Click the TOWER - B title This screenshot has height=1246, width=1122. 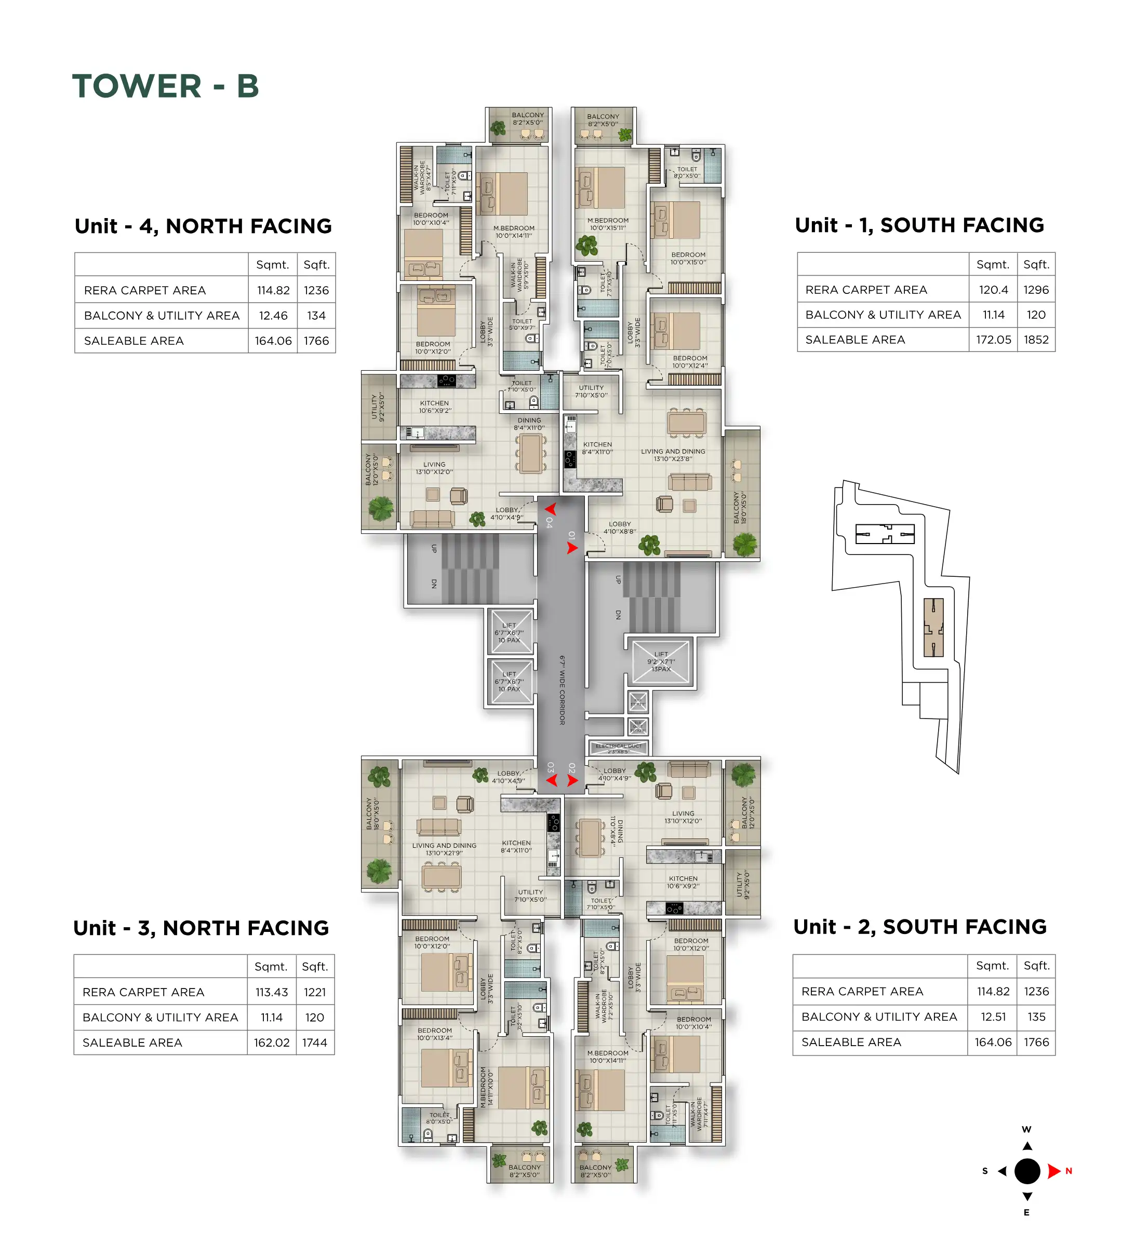click(165, 86)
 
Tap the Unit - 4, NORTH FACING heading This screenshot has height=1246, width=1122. click(203, 226)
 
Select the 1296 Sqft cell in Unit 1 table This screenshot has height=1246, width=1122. click(1036, 290)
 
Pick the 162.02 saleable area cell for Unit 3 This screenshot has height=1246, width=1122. click(271, 1042)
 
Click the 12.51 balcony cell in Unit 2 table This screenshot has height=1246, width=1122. click(993, 1016)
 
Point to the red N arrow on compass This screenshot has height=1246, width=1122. click(1054, 1171)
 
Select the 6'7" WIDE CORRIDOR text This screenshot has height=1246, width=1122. click(562, 690)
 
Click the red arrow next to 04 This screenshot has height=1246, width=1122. click(551, 509)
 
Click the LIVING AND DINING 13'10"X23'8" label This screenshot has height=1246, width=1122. click(673, 455)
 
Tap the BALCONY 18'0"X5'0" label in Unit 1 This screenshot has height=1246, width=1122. click(739, 508)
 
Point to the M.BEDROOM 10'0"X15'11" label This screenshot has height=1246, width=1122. click(607, 224)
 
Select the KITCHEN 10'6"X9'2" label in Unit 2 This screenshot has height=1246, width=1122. click(683, 883)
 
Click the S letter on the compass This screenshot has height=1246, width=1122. click(984, 1171)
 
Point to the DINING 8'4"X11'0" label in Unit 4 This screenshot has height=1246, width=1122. click(529, 424)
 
